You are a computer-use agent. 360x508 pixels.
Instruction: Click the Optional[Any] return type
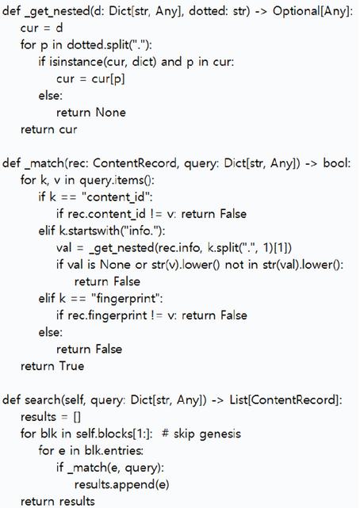(312, 12)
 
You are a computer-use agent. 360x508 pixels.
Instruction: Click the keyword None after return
(110, 113)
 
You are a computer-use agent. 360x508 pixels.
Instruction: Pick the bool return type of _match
(336, 163)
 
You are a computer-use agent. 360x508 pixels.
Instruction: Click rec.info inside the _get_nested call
(180, 248)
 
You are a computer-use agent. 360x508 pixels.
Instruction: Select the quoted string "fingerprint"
(127, 299)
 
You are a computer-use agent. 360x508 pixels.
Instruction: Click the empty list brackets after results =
(77, 417)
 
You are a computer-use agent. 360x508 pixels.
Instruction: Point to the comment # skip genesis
(201, 434)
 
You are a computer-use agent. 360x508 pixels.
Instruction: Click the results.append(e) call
(121, 484)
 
